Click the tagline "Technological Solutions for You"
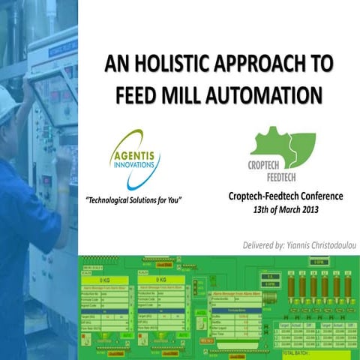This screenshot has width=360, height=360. [x=134, y=200]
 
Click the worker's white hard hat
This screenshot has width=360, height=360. [x=7, y=102]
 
